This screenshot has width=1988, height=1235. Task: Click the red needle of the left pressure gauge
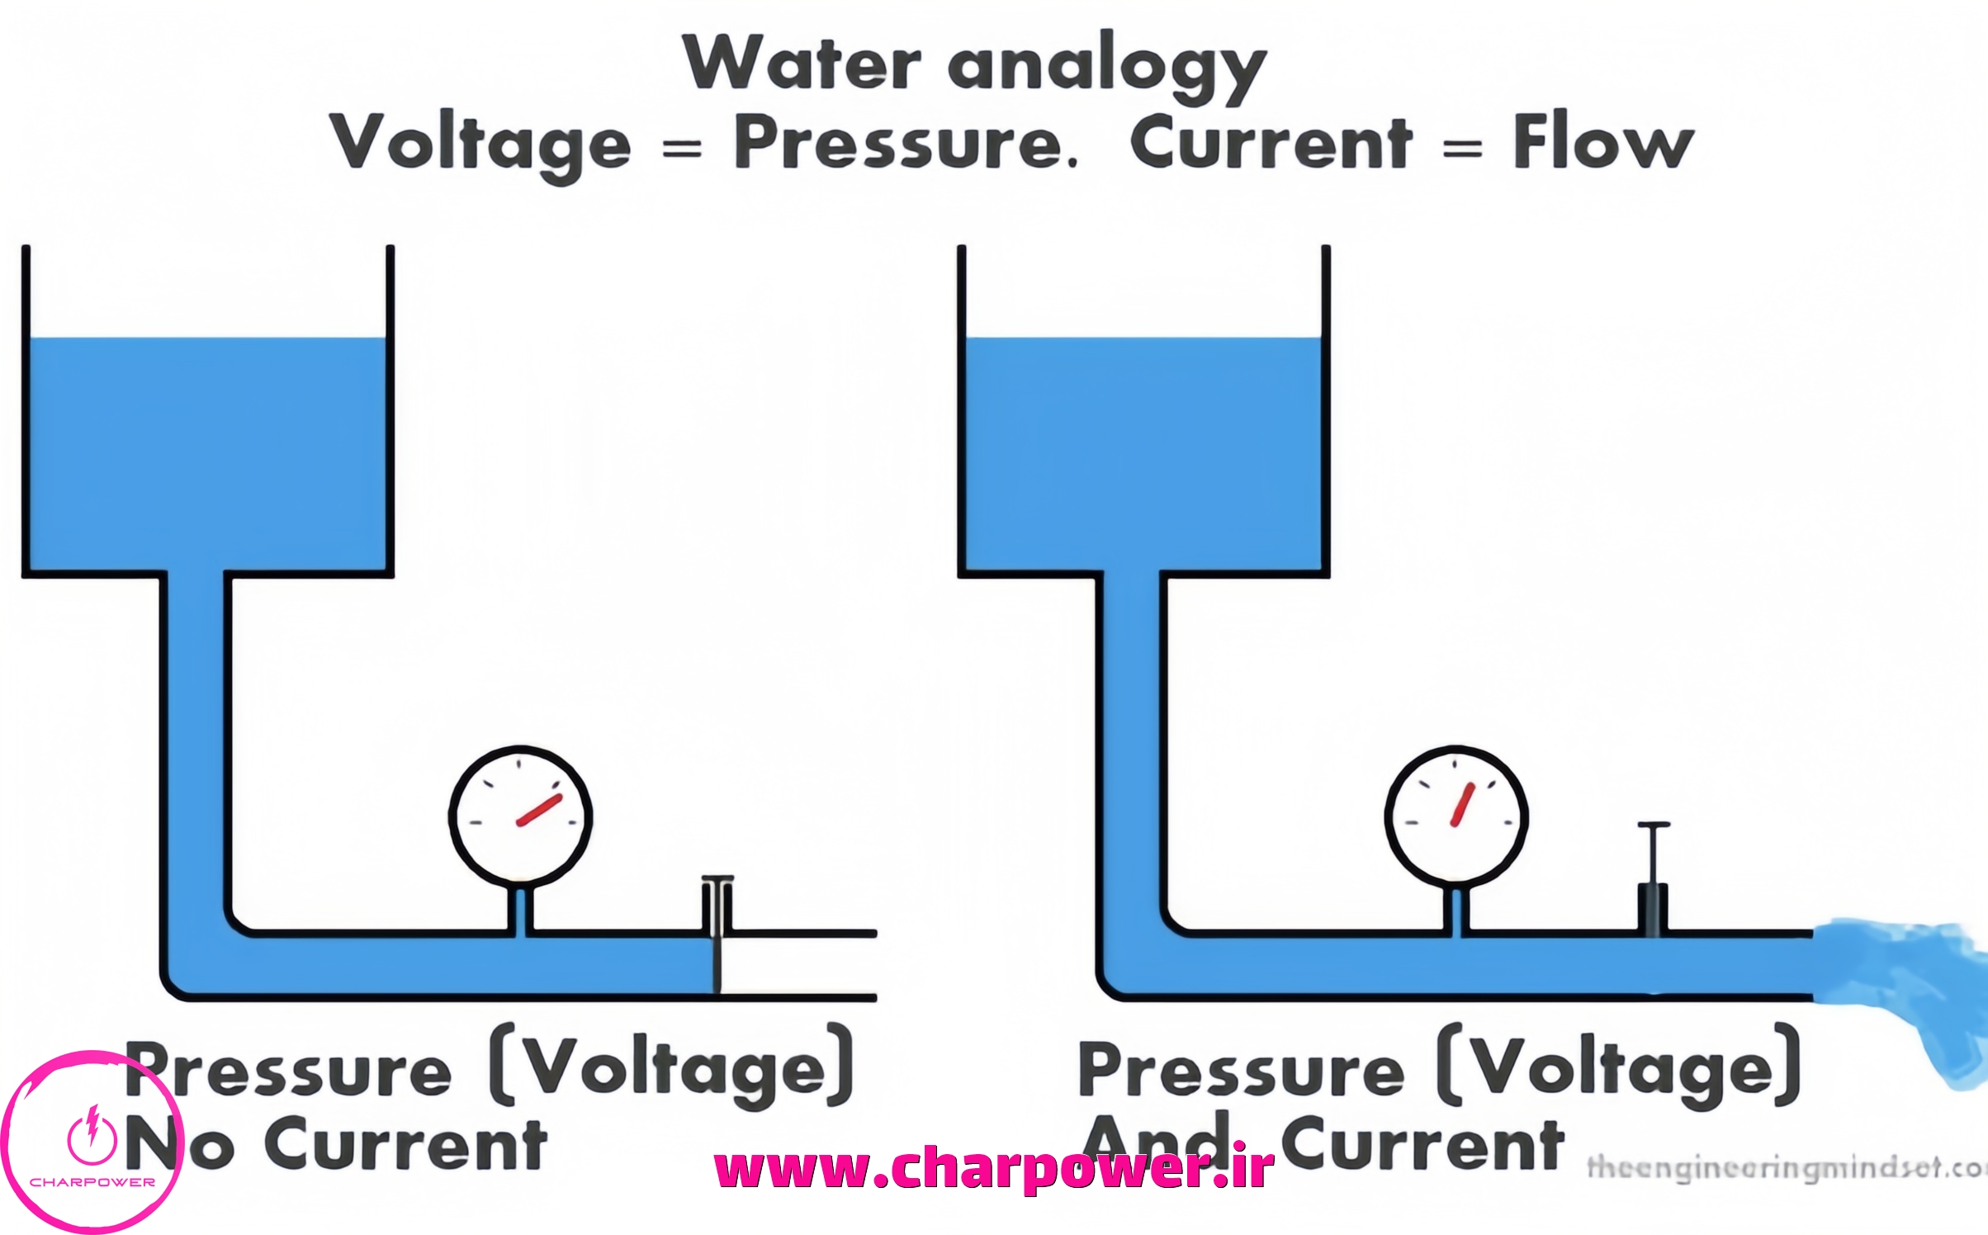[x=539, y=810]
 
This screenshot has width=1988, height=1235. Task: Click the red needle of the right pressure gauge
[x=1462, y=804]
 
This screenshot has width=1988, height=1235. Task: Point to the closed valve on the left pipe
[x=717, y=933]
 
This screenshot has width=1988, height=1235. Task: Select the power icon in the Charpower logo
[x=92, y=1134]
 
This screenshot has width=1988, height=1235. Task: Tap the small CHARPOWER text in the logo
[x=92, y=1182]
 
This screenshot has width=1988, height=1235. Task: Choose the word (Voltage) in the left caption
[x=673, y=1067]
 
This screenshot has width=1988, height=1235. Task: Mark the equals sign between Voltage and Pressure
[x=682, y=149]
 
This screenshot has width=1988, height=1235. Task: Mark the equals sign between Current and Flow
[x=1462, y=149]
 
